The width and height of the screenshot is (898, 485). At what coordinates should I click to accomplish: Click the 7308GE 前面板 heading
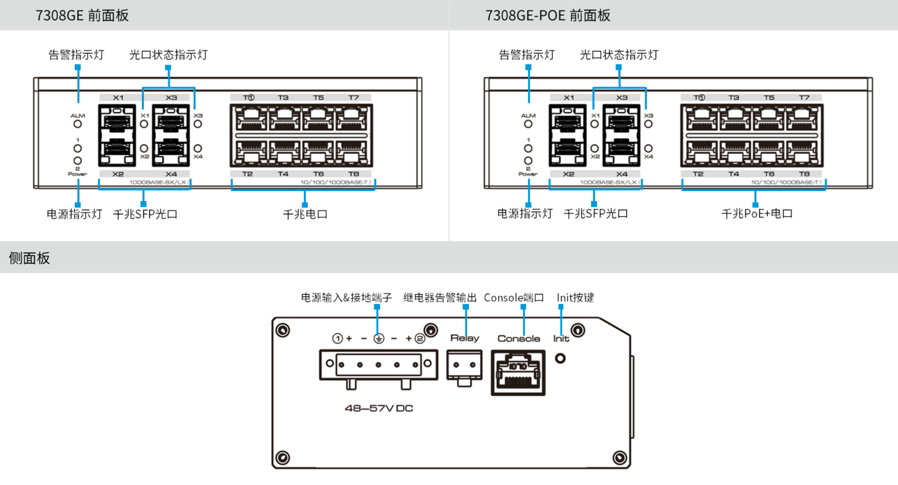click(82, 15)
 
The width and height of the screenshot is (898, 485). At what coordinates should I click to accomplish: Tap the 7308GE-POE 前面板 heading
click(548, 15)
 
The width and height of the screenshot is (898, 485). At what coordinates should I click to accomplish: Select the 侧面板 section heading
click(29, 258)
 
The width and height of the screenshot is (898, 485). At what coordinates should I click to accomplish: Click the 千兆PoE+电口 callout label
click(757, 214)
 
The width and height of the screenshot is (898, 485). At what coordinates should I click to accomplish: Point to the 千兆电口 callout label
click(305, 214)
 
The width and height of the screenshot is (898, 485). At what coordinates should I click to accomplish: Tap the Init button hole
click(560, 358)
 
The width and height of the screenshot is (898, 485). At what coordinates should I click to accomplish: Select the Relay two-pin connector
click(464, 365)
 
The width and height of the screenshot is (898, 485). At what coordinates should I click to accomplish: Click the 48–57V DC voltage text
click(379, 408)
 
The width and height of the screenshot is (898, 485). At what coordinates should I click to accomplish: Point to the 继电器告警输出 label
click(440, 298)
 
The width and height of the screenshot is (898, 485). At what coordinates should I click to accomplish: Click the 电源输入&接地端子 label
click(346, 298)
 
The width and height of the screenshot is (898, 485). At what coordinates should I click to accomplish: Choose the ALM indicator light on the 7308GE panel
click(78, 124)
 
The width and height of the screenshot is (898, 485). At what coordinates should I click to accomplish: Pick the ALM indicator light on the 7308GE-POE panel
click(528, 124)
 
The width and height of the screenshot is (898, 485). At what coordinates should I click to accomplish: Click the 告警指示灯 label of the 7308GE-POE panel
click(526, 55)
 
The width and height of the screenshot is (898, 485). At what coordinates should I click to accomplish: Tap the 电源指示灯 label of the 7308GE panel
click(74, 214)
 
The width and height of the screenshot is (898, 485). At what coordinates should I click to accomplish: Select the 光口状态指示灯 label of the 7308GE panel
click(168, 55)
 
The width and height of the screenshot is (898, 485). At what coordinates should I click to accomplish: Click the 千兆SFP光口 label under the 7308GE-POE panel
click(596, 214)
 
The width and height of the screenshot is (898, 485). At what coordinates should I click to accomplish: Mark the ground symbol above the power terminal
click(379, 339)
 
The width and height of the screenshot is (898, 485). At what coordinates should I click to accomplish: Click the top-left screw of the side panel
click(282, 330)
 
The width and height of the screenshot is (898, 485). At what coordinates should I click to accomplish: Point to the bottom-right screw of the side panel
click(619, 457)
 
